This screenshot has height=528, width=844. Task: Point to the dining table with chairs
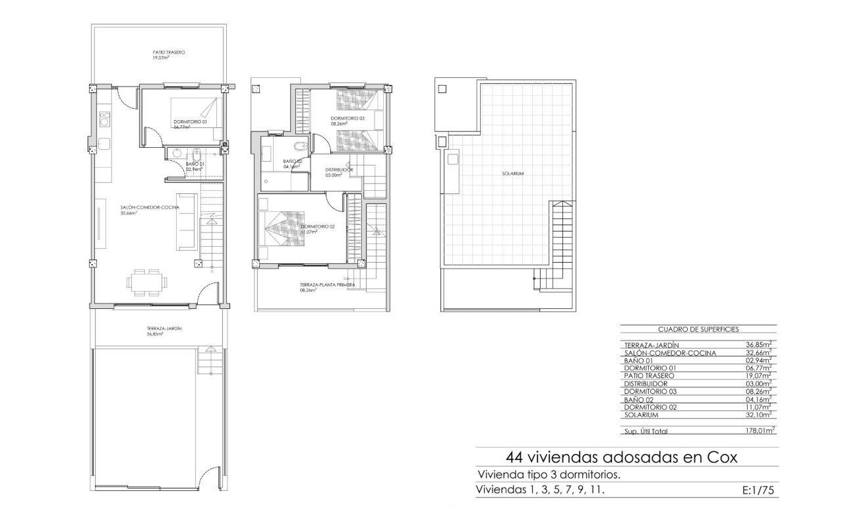[x=145, y=282]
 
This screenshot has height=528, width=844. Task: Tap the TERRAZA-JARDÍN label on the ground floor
[x=164, y=328]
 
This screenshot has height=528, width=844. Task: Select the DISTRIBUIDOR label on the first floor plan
[x=339, y=170]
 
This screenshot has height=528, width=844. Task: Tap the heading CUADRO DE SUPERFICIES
[x=698, y=329]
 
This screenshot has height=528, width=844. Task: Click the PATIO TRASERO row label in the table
[x=649, y=376]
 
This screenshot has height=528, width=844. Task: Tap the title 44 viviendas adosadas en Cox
[x=620, y=457]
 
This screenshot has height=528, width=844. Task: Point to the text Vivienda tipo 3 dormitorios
[x=549, y=475]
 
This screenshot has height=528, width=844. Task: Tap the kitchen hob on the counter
[x=104, y=119]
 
